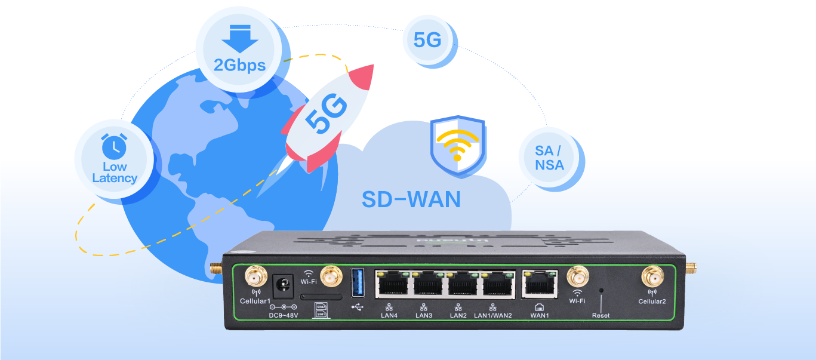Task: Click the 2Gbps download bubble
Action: point(239,53)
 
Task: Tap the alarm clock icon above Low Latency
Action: point(114,146)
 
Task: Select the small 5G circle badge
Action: point(427,39)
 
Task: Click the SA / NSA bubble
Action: point(549,158)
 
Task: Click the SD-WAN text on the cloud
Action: point(411,199)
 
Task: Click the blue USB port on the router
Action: point(358,282)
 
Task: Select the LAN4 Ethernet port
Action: point(392,284)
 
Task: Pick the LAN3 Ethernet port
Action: point(426,284)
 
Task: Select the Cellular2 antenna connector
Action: point(652,277)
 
